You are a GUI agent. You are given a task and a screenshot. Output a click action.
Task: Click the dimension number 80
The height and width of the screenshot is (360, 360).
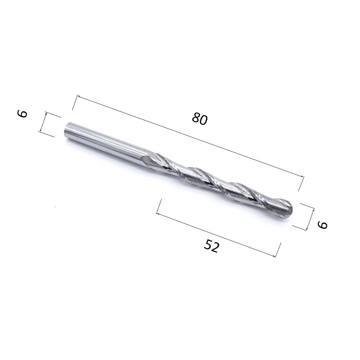tap(200, 119)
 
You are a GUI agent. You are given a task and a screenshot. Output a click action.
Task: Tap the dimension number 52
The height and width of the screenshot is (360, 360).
tap(212, 246)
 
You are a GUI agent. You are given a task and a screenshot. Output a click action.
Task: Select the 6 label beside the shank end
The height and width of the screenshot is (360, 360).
tap(22, 113)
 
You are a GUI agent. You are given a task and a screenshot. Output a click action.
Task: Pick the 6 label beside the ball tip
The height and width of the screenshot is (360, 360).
tap(322, 225)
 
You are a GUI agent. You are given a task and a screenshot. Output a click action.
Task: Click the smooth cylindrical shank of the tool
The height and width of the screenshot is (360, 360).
tap(106, 141)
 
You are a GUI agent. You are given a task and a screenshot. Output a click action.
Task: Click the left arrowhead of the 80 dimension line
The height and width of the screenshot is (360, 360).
tap(78, 96)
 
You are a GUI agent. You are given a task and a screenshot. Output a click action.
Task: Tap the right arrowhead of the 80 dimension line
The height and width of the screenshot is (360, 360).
tap(302, 176)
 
